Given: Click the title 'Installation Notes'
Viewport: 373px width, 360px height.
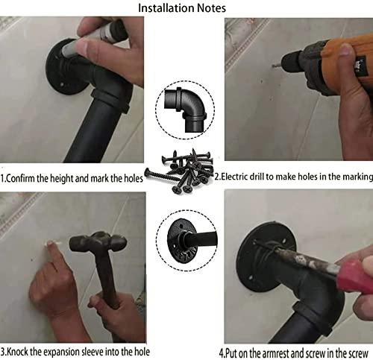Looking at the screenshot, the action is point(182,8).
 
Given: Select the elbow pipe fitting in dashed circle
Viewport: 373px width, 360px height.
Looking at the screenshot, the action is point(185,110).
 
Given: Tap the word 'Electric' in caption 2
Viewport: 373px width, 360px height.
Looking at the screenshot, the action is point(234,177).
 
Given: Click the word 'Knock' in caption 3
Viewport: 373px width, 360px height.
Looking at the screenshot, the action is point(16,352).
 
